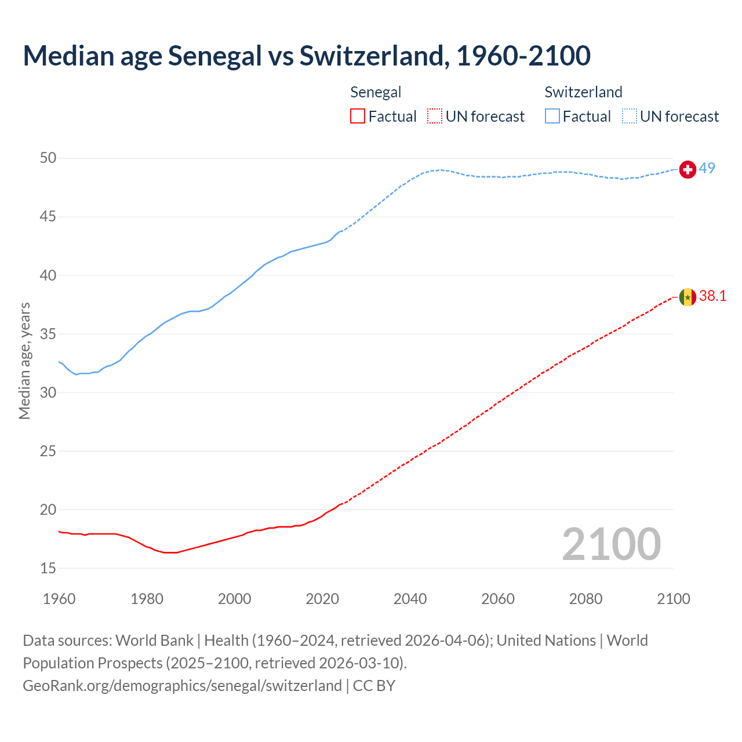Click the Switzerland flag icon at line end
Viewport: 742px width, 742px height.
688,169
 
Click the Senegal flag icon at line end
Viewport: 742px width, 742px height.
688,297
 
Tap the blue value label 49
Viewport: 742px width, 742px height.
707,169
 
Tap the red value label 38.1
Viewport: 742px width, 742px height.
712,296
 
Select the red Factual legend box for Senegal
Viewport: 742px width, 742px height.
358,117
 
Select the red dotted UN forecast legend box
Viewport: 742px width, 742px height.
435,117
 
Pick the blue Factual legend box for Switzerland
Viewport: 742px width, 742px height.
552,117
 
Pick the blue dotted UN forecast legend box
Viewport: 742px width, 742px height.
630,117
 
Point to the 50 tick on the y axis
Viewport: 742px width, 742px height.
48,158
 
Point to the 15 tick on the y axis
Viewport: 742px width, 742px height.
48,569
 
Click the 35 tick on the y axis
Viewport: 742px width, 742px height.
48,334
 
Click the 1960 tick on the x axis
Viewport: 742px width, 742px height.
59,599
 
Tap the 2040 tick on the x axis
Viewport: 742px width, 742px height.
410,599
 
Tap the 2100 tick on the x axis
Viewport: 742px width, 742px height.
673,599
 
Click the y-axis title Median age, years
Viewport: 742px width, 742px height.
24,361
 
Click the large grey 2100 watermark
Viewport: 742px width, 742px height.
611,544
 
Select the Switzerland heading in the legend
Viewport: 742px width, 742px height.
583,92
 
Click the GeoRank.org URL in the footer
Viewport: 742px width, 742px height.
182,686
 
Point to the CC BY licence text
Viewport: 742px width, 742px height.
374,686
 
